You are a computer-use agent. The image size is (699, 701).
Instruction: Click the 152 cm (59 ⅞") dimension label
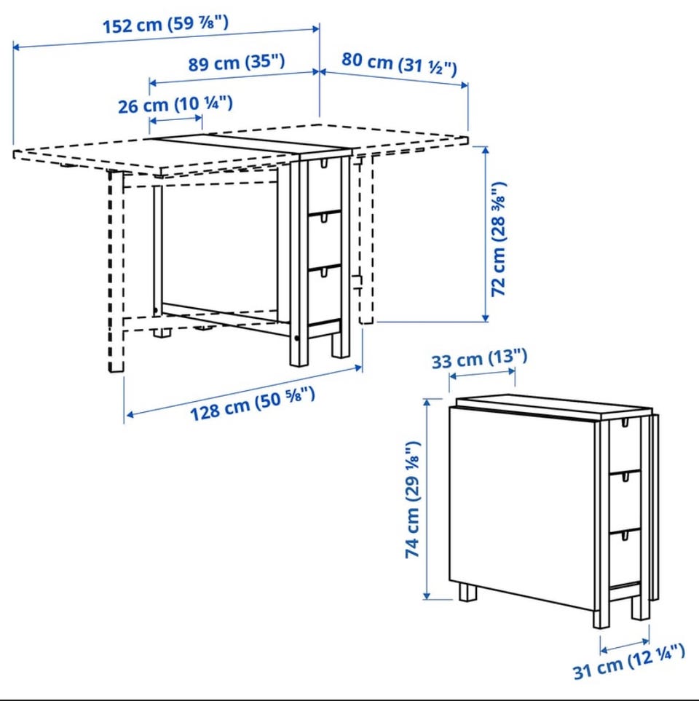[x=166, y=24]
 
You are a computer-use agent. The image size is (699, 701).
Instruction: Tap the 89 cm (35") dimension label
[x=236, y=62]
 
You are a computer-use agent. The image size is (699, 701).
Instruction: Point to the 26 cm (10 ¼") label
[x=175, y=105]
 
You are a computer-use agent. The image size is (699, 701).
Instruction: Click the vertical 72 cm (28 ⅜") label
[x=499, y=239]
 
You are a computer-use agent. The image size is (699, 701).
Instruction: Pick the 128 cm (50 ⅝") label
[x=253, y=404]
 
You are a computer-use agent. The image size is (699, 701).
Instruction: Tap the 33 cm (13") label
[x=479, y=359]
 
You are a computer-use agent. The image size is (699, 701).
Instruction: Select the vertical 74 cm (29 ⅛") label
[x=413, y=499]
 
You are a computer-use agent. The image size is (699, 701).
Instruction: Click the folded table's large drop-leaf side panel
[x=522, y=508]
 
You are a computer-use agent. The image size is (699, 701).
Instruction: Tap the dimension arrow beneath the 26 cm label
[x=175, y=120]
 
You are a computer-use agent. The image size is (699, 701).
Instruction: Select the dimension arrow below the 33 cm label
[x=482, y=373]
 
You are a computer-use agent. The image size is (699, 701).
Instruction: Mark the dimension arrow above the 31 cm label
[x=625, y=646]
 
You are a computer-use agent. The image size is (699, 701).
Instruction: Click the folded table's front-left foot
[x=467, y=593]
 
